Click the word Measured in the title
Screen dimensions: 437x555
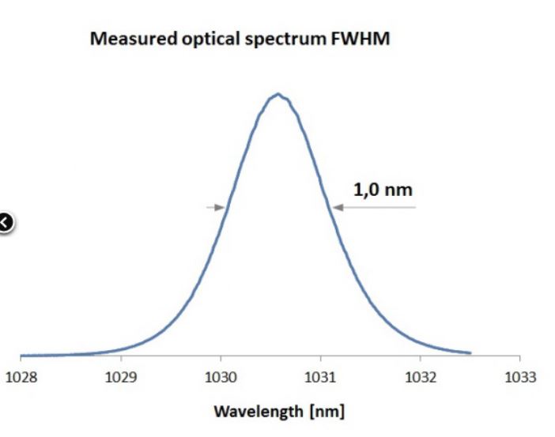pos(129,39)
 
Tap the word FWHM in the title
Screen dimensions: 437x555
pos(363,39)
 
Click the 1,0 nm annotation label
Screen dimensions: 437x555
pos(383,189)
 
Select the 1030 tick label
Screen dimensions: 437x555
pos(221,375)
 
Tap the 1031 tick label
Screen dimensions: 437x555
pos(320,375)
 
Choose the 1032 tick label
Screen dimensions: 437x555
pos(420,375)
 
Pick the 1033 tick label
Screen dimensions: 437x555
pos(519,375)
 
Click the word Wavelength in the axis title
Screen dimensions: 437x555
pos(250,412)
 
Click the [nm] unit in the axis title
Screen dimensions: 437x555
pos(327,412)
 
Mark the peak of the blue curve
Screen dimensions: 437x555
pos(277,94)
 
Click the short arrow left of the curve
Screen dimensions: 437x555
pos(216,208)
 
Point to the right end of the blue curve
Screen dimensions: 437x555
pos(470,352)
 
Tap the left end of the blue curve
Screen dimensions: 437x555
pos(21,356)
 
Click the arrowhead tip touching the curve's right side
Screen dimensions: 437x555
pos(333,208)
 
